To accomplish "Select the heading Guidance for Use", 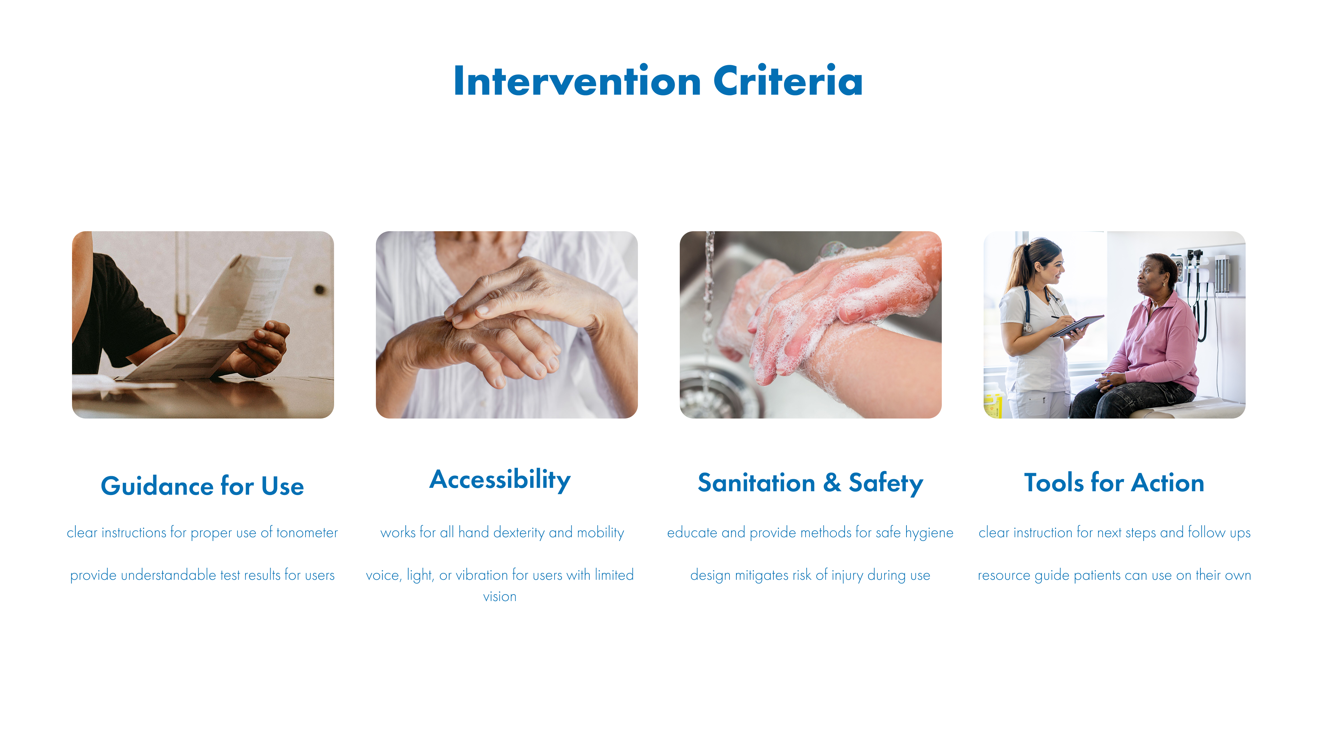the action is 202,485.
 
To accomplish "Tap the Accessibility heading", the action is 500,480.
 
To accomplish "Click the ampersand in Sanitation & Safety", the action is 832,483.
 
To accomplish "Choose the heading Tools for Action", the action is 1114,483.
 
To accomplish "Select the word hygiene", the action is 929,533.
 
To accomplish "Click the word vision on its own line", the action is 499,597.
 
